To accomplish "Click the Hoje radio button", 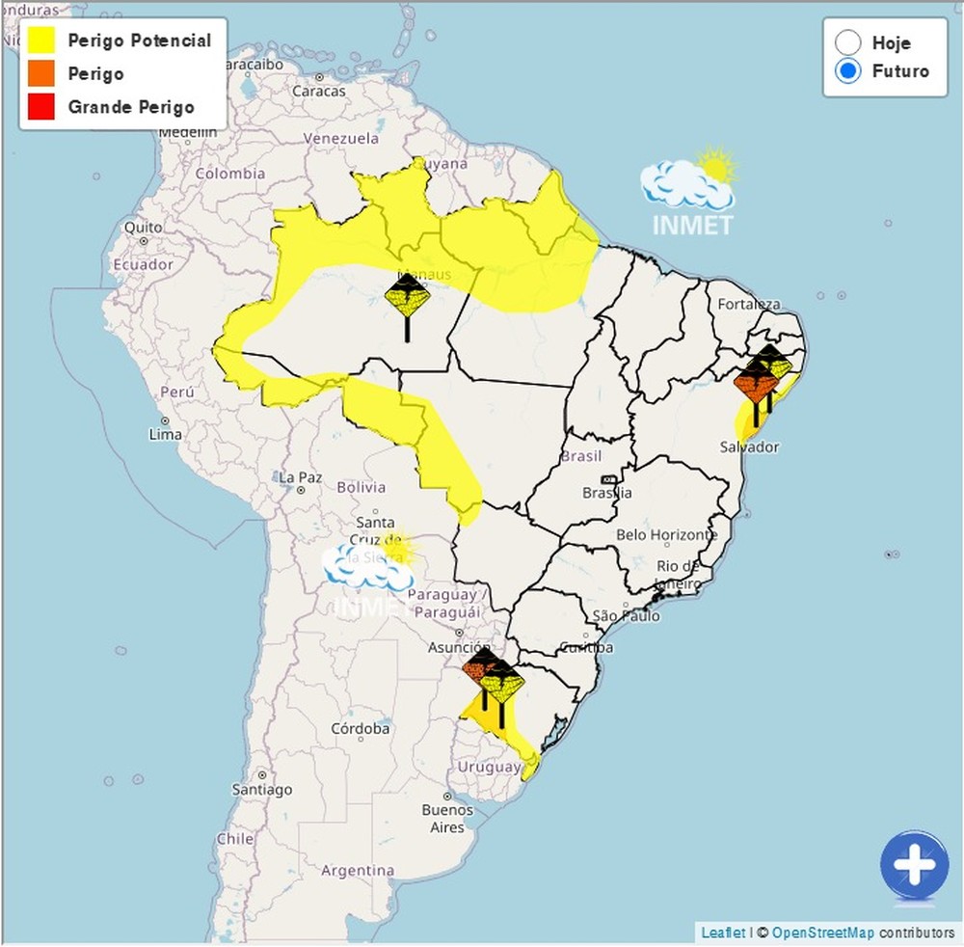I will (x=848, y=43).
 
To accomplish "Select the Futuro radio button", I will (x=848, y=71).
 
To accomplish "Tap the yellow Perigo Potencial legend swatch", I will (x=41, y=41).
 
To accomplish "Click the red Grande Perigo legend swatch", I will (x=41, y=107).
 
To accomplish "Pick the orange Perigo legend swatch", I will (x=41, y=74).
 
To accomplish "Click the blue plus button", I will (x=914, y=865).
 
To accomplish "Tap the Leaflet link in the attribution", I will (x=723, y=933).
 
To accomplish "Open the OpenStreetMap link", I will (x=822, y=933).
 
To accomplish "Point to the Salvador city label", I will (x=749, y=446).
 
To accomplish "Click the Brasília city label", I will (x=607, y=493).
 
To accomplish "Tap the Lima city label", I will (x=166, y=435).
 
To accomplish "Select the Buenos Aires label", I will (x=447, y=819).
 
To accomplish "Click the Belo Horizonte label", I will (x=666, y=534).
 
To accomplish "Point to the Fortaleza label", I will (x=748, y=304).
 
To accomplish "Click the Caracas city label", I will (x=318, y=92).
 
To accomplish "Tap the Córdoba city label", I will (x=360, y=728).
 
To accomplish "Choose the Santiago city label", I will (x=261, y=790).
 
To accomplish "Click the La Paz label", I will (x=300, y=476).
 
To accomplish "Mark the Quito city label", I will (x=143, y=228).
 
